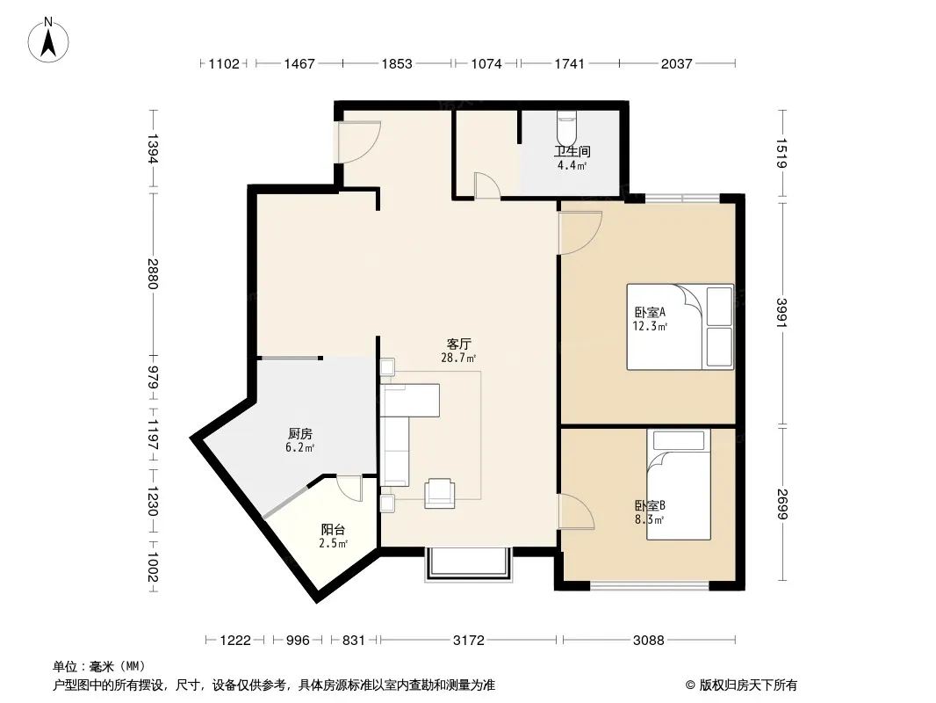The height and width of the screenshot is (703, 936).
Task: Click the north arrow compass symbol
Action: click(48, 40)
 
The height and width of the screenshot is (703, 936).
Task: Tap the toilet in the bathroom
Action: click(566, 124)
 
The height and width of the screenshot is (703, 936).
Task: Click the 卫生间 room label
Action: click(572, 152)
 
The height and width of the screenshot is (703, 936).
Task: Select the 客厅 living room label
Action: click(458, 344)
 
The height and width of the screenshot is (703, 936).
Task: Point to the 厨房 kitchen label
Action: click(299, 434)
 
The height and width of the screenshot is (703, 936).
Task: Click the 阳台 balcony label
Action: click(333, 530)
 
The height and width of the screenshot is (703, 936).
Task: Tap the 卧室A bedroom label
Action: click(650, 312)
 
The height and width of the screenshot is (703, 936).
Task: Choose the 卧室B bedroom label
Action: click(650, 506)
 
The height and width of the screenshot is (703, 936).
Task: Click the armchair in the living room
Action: click(439, 493)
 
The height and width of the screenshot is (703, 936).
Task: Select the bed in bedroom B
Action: click(679, 484)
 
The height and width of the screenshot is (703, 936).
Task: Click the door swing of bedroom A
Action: click(580, 234)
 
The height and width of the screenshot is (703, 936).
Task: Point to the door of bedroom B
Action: click(576, 511)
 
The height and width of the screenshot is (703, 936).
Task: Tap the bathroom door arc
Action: click(487, 185)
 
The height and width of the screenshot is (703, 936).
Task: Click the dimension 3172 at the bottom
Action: click(469, 641)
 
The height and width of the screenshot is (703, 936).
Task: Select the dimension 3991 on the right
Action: click(782, 312)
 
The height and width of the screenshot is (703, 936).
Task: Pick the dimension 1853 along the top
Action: click(397, 63)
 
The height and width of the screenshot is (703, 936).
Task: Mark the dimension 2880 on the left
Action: click(153, 273)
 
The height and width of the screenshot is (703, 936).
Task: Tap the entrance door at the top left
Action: click(359, 142)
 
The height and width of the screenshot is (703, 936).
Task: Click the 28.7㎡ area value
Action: click(458, 358)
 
